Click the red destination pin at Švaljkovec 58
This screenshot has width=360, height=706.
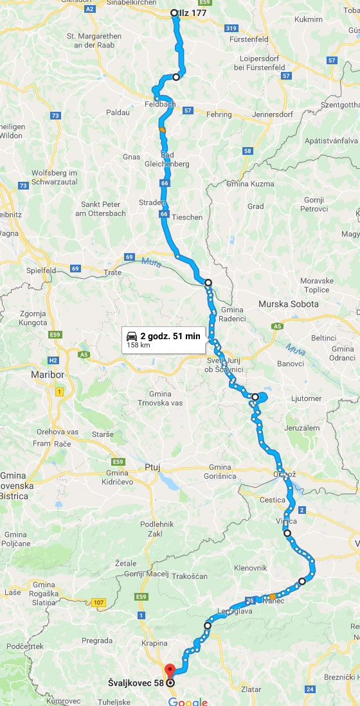pos(169,669)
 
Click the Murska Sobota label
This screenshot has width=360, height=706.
pos(288,304)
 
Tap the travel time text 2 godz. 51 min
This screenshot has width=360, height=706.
pos(170,336)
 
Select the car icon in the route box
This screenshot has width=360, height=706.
pos(132,336)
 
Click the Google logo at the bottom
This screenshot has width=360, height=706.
pos(188,701)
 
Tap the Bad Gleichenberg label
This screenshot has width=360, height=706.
pos(175,159)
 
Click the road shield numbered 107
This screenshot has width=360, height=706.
pos(98,603)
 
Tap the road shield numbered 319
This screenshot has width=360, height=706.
pos(231,28)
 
